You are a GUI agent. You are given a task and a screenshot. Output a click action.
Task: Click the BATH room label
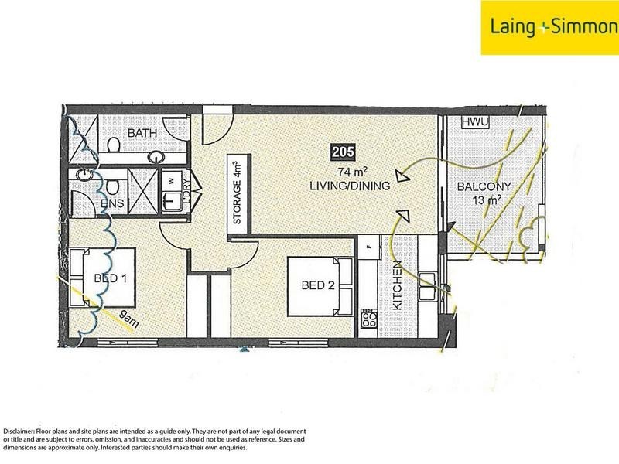pos(142,133)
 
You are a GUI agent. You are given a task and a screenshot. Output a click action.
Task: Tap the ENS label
pos(112,203)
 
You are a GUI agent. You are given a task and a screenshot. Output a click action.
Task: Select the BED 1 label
pos(111,278)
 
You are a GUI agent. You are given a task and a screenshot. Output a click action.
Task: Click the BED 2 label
pos(318,285)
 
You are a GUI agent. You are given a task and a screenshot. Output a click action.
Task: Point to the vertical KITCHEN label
pos(398,285)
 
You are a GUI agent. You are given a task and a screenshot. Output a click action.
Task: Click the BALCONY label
pos(484,186)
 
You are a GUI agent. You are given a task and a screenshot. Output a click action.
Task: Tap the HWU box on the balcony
pos(475,122)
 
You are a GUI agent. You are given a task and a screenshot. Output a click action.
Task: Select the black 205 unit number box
pos(343,152)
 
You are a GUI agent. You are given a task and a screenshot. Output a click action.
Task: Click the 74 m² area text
pos(353,172)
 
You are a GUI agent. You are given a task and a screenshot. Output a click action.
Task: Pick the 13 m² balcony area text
pos(487,200)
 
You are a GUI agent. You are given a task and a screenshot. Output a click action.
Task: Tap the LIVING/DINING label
pos(350,186)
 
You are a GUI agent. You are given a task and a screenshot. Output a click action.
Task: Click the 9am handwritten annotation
pos(129,319)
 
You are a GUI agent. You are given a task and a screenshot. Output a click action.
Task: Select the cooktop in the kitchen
pos(369,318)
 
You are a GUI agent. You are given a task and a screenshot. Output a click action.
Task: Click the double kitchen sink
pos(428,286)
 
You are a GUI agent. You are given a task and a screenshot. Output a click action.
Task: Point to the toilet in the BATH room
pos(113,145)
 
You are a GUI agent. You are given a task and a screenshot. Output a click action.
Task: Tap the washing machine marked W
pos(171,181)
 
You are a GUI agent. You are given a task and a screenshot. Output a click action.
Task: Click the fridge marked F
pos(369,247)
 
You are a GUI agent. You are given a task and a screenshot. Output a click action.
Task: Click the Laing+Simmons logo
pos(550,28)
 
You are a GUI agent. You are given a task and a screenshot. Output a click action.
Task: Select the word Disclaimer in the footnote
pos(19,432)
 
